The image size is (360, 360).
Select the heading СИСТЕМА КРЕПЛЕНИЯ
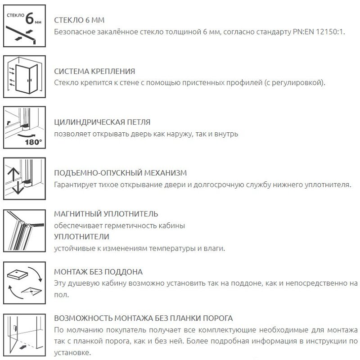[x=94, y=72]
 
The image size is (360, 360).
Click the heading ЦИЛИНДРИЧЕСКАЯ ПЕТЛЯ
[x=102, y=122]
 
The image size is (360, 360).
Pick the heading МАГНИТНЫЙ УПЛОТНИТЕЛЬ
[x=106, y=214]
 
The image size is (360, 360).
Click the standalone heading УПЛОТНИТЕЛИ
[x=81, y=236]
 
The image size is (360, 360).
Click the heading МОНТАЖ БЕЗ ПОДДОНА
[x=98, y=272]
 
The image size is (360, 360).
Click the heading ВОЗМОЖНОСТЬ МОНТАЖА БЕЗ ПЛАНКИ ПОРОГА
[x=143, y=318]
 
